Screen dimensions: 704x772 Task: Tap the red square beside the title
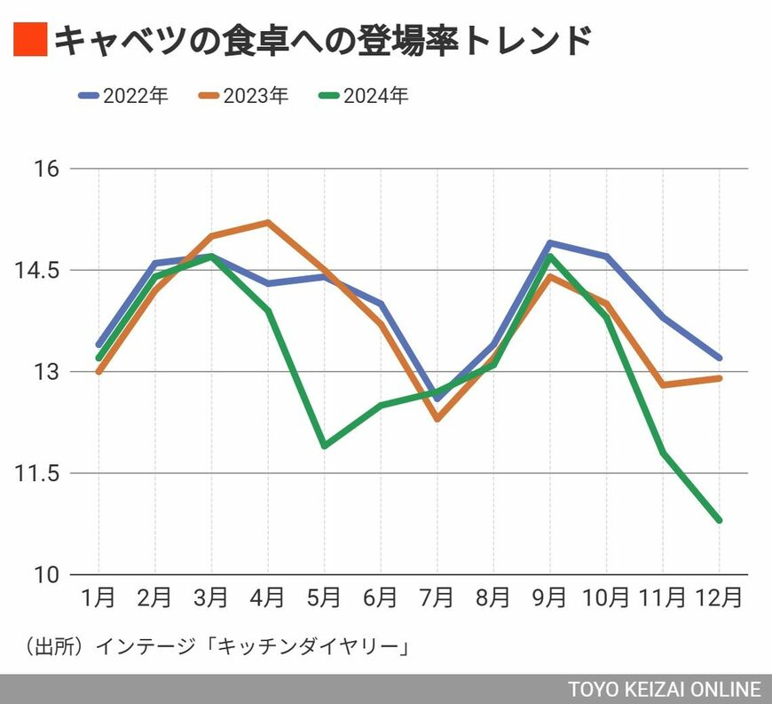pyautogui.click(x=28, y=41)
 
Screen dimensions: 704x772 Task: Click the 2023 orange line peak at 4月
pyautogui.click(x=267, y=222)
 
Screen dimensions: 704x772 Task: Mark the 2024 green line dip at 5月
pyautogui.click(x=324, y=446)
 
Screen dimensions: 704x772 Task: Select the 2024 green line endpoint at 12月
pyautogui.click(x=720, y=520)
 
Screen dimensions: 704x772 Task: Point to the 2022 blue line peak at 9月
pyautogui.click(x=550, y=242)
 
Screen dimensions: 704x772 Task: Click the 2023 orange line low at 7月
pyautogui.click(x=437, y=418)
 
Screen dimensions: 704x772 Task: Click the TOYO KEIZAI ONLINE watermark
pyautogui.click(x=665, y=690)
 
